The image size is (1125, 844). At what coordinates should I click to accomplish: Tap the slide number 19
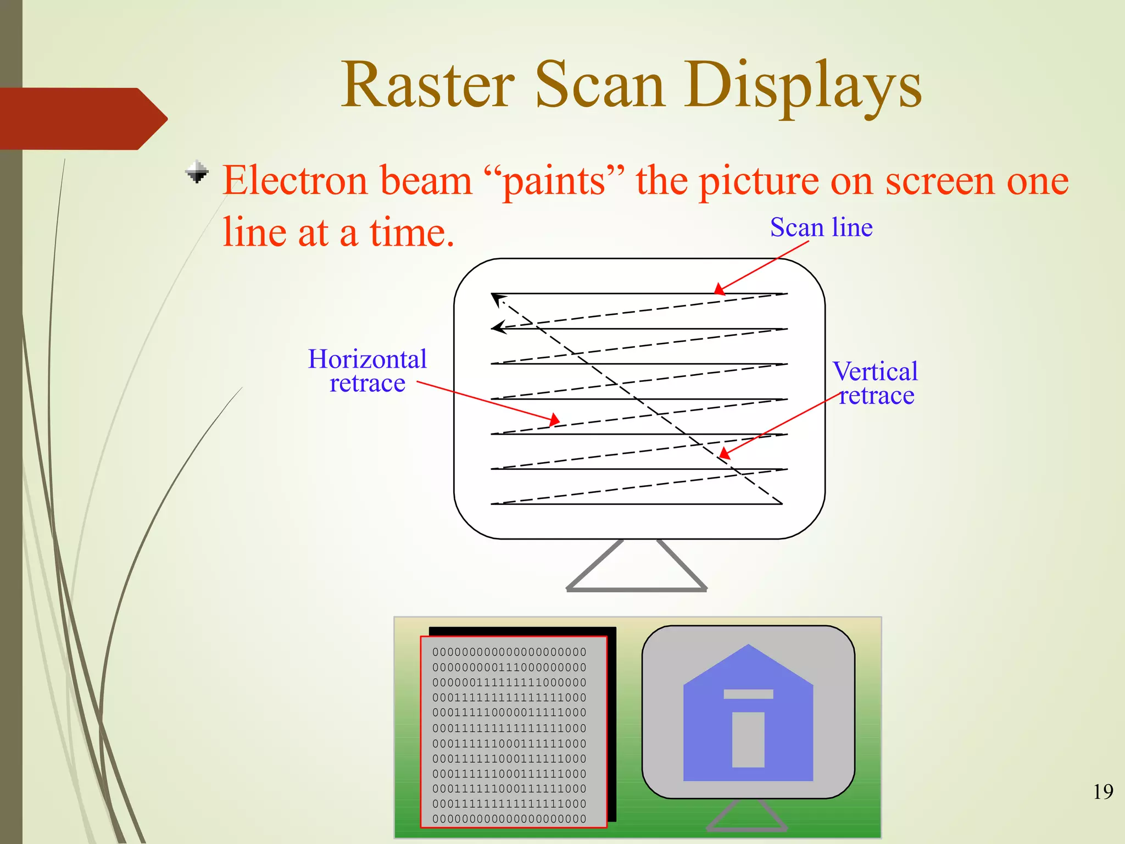pyautogui.click(x=1102, y=792)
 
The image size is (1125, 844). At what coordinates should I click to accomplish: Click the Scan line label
pyautogui.click(x=821, y=227)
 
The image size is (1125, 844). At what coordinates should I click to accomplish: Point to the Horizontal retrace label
pyautogui.click(x=367, y=371)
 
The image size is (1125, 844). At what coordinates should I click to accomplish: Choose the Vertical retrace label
pyautogui.click(x=875, y=383)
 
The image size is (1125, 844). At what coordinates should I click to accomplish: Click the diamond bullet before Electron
pyautogui.click(x=197, y=172)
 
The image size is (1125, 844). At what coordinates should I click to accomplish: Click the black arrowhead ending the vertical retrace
pyautogui.click(x=497, y=299)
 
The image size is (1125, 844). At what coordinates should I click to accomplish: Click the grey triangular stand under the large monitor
pyautogui.click(x=636, y=571)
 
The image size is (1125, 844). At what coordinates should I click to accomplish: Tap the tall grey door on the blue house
pyautogui.click(x=748, y=739)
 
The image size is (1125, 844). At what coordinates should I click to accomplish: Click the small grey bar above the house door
pyautogui.click(x=748, y=694)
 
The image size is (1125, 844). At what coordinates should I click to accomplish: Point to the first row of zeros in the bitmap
pyautogui.click(x=509, y=652)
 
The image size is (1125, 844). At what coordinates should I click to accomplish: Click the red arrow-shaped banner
pyautogui.click(x=77, y=119)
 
